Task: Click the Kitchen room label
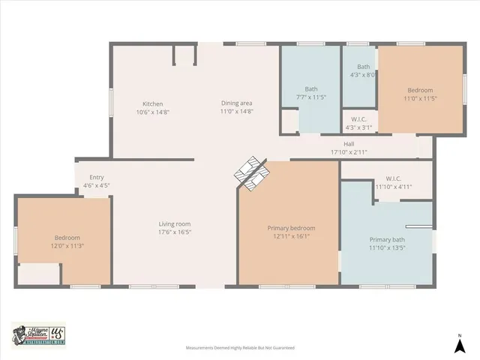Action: (x=153, y=103)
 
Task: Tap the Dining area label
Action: (x=236, y=103)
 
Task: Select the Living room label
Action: (x=174, y=223)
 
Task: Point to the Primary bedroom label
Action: (x=291, y=228)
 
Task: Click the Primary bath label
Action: (x=386, y=239)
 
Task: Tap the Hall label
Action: (x=349, y=144)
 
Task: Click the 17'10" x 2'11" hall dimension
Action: (x=349, y=151)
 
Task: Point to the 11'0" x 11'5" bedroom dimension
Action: (x=420, y=98)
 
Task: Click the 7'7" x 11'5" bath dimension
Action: (x=310, y=98)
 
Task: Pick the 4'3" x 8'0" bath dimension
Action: (x=363, y=74)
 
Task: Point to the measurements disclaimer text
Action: (x=240, y=348)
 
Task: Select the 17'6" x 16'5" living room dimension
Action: (x=174, y=232)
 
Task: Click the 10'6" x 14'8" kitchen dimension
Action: (x=153, y=112)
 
